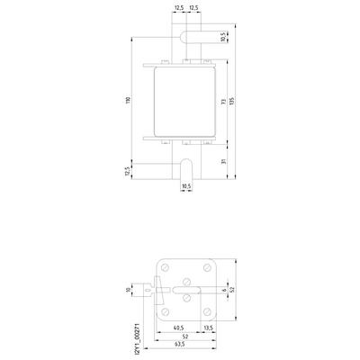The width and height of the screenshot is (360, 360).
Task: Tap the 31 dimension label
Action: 223,160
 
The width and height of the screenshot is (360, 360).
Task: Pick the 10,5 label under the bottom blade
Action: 186,187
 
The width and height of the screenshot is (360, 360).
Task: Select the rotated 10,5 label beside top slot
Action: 223,39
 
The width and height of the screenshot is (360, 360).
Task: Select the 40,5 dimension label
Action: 177,328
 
